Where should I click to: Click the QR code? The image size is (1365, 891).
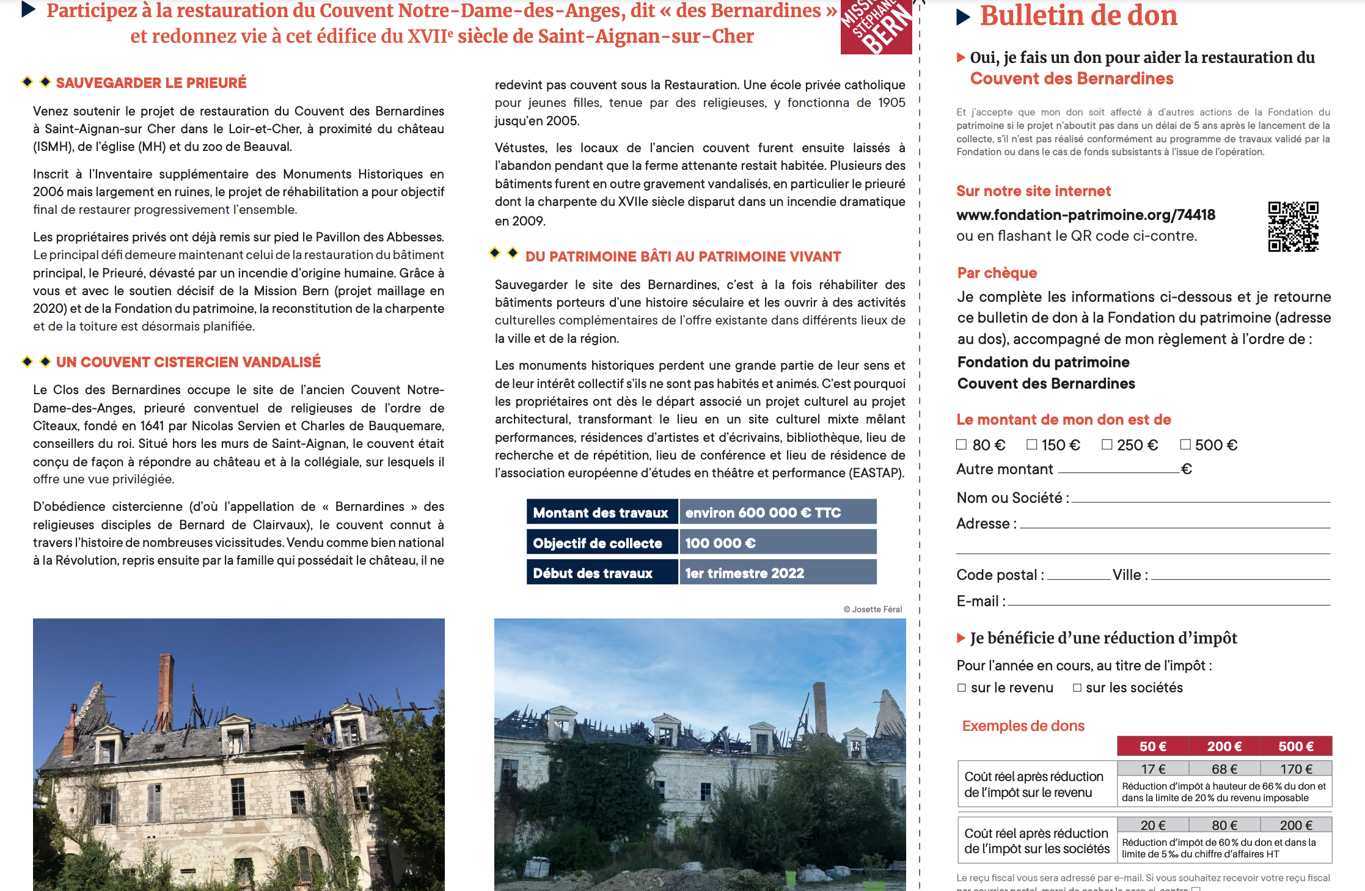click(1293, 227)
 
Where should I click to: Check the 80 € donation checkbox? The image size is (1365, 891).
click(961, 445)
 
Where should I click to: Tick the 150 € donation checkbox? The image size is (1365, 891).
click(1032, 444)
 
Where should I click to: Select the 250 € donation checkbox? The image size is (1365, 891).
click(1107, 444)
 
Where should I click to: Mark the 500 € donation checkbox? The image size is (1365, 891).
click(1185, 444)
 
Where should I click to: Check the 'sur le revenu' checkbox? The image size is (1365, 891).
click(962, 688)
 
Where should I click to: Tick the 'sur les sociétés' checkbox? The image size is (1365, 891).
click(1077, 688)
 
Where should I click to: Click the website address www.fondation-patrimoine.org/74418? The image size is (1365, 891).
click(1086, 215)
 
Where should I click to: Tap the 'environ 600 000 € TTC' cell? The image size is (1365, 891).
click(777, 513)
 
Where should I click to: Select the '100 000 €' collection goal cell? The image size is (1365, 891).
click(777, 543)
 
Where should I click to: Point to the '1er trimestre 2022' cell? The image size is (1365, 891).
click(777, 573)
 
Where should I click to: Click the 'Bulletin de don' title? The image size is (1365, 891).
click(1078, 16)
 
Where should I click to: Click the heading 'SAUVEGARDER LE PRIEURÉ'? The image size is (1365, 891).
click(151, 83)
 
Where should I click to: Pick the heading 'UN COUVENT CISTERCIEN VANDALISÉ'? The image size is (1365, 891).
click(188, 362)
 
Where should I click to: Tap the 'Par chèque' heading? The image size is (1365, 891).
click(997, 273)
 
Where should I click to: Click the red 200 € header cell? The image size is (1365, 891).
click(1224, 746)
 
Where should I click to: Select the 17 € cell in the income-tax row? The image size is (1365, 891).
click(1153, 769)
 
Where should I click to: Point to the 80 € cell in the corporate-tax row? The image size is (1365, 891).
click(1224, 825)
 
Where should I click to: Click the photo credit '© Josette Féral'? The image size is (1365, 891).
click(873, 609)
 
